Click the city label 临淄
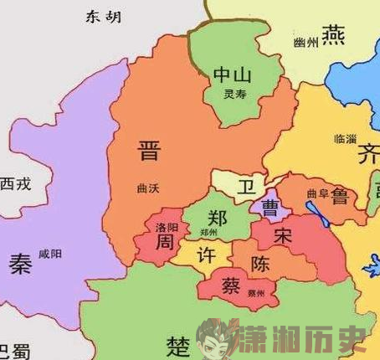pyautogui.click(x=345, y=138)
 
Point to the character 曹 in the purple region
pyautogui.click(x=270, y=204)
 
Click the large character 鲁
pyautogui.click(x=341, y=198)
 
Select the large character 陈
pyautogui.click(x=261, y=265)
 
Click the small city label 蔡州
pyautogui.click(x=256, y=293)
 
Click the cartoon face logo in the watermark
pyautogui.click(x=217, y=339)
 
